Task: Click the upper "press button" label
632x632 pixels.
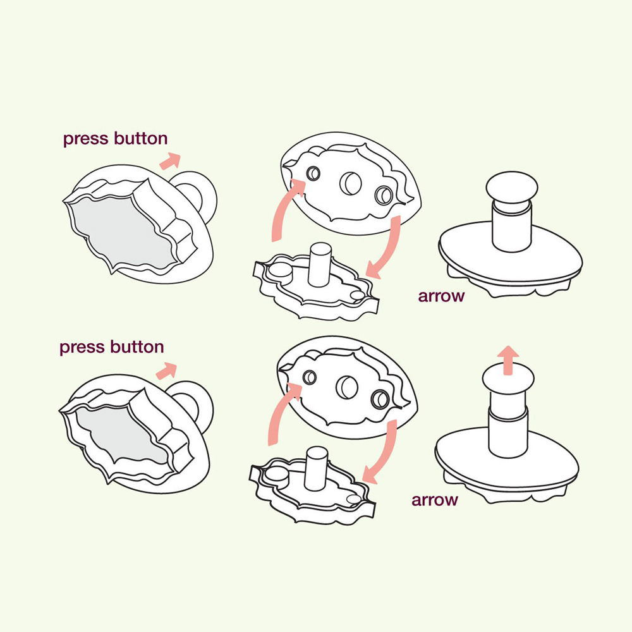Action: click(x=115, y=138)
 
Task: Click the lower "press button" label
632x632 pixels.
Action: click(x=112, y=347)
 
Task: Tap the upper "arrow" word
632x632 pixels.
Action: click(x=441, y=296)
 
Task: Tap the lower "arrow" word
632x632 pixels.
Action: click(x=435, y=500)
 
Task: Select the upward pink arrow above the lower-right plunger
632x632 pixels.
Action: click(x=508, y=360)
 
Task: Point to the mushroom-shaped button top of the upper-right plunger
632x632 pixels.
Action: click(x=511, y=189)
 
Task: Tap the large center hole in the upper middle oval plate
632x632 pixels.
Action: click(x=350, y=183)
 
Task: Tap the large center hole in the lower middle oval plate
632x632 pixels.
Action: click(x=346, y=387)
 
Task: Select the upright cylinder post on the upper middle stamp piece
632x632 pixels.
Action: click(x=320, y=265)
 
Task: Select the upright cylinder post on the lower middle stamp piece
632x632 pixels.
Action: click(x=317, y=468)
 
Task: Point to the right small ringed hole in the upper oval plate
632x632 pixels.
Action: click(x=384, y=195)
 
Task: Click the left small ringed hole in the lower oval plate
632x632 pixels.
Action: click(x=310, y=377)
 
